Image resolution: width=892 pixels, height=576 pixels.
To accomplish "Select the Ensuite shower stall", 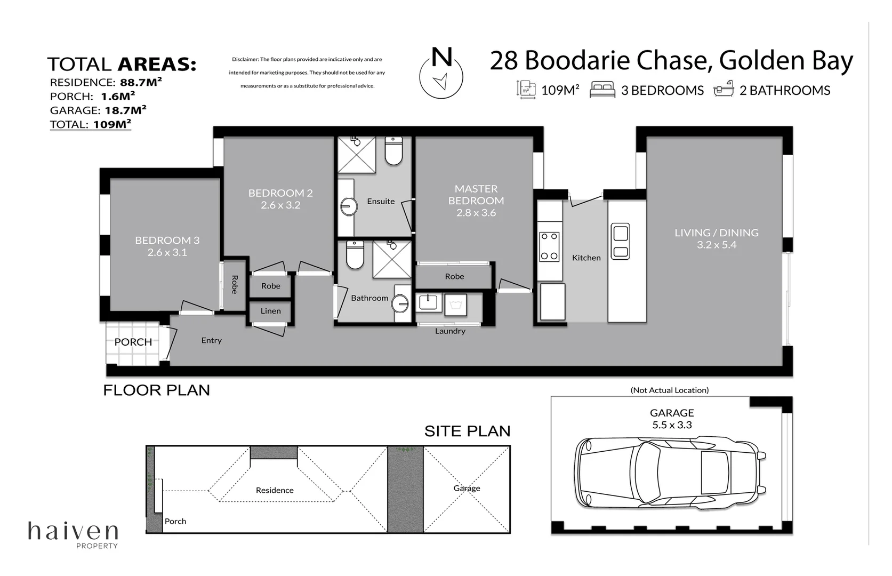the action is (x=357, y=155).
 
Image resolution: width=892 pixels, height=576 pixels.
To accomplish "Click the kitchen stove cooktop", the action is (x=549, y=247).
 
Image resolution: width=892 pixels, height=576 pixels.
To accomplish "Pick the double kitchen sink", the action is (x=621, y=242).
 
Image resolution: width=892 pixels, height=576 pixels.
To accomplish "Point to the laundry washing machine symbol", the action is (x=455, y=305).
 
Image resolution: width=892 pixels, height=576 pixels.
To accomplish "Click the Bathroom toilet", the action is (x=355, y=254).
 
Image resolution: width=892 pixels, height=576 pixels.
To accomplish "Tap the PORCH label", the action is (x=133, y=342).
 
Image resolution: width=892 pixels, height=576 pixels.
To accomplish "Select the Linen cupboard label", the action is (x=270, y=311).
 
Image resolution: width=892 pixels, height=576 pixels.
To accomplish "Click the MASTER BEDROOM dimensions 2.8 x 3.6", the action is (x=476, y=213).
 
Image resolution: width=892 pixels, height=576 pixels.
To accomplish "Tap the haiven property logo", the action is (x=73, y=535).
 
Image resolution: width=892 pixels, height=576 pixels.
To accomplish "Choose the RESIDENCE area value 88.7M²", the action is (x=141, y=82).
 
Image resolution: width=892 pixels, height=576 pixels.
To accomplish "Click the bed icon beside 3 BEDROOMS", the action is (x=602, y=89).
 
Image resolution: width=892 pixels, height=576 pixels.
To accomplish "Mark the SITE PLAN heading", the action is (x=467, y=431).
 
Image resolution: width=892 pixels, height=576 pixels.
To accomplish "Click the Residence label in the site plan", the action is (x=275, y=490).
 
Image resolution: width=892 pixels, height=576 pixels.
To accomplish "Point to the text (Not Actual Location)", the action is (x=669, y=390).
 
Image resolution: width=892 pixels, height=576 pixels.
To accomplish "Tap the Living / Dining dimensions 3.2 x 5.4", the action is (x=717, y=245).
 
